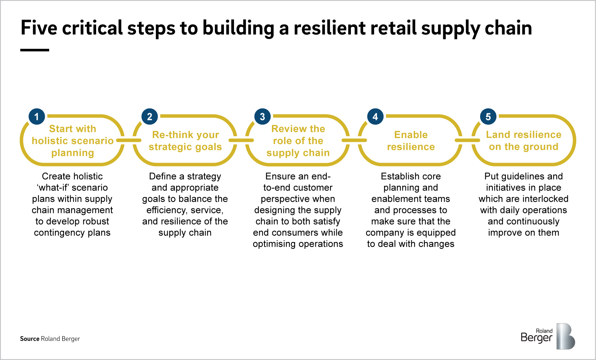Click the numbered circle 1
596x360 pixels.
pyautogui.click(x=37, y=117)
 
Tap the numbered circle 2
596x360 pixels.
pyautogui.click(x=149, y=117)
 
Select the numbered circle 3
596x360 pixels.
pyautogui.click(x=262, y=117)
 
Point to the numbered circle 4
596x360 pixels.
pyautogui.click(x=375, y=117)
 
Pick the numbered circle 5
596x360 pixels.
pyautogui.click(x=488, y=117)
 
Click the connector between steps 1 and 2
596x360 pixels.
pyautogui.click(x=129, y=140)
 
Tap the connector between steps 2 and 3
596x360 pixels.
pyautogui.click(x=241, y=140)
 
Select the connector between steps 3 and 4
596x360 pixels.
pyautogui.click(x=354, y=140)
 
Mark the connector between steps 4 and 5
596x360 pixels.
pyautogui.click(x=467, y=140)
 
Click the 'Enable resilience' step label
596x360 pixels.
pyautogui.click(x=411, y=141)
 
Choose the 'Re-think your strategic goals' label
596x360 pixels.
pyautogui.click(x=185, y=141)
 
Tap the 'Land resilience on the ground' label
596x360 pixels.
pyautogui.click(x=523, y=141)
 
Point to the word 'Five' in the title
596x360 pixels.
pyautogui.click(x=39, y=28)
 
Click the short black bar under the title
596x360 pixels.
pyautogui.click(x=35, y=50)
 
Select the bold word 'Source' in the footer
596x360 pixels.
pyautogui.click(x=30, y=339)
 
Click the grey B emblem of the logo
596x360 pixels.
pyautogui.click(x=565, y=337)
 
